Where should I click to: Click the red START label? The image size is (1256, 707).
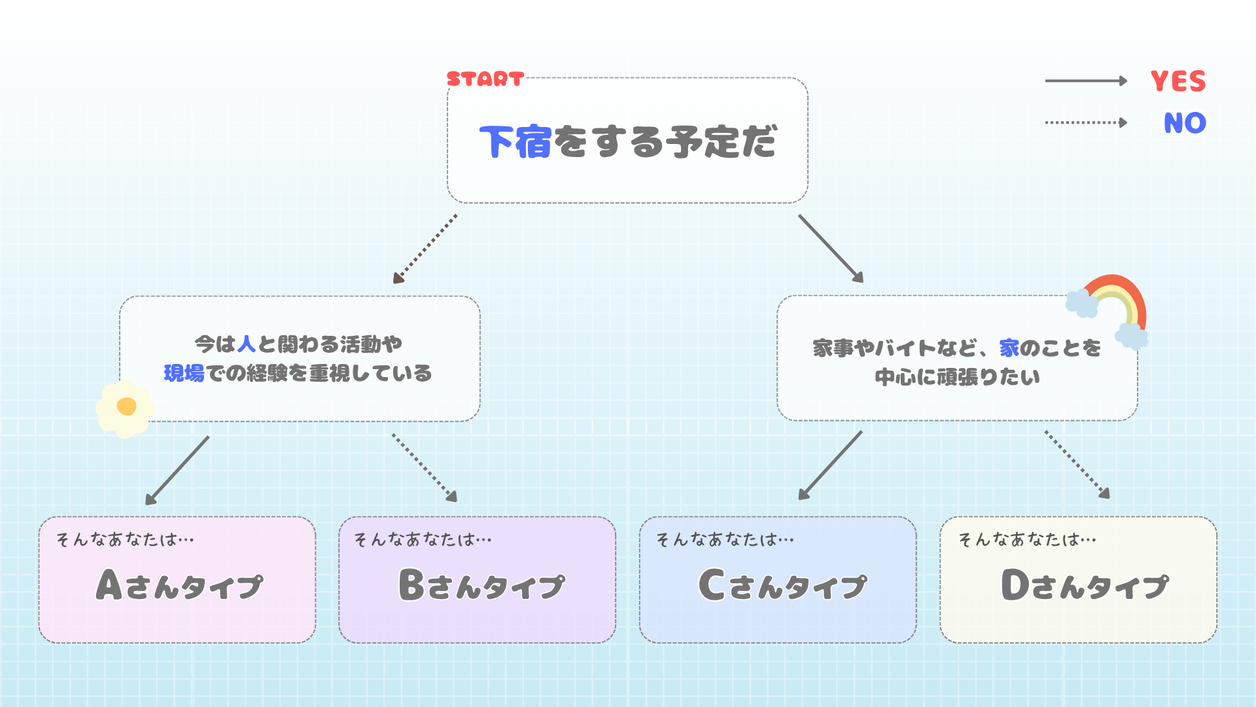pos(485,79)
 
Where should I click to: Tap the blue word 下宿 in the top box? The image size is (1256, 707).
pos(515,142)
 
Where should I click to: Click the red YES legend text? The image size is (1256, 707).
pos(1177,82)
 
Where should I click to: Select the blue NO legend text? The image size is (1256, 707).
pos(1185,123)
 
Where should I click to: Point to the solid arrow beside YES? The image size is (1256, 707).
pos(1086,81)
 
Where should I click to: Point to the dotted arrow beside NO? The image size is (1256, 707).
pos(1086,122)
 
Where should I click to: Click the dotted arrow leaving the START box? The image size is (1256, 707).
pos(425,249)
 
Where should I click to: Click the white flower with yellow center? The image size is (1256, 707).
pos(125,408)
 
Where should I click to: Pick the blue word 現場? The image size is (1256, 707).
pos(184,373)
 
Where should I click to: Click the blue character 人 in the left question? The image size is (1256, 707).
pos(247,344)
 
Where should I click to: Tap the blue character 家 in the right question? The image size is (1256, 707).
pos(1009,348)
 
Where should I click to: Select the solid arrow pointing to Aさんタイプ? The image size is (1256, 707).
pos(177,470)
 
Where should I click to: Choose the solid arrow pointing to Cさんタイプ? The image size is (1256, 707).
pos(830,465)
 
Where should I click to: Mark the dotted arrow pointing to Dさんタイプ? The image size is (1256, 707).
pos(1077,464)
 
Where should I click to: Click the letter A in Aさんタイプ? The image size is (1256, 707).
pos(109,585)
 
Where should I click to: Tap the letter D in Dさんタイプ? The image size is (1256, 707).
pos(1015,585)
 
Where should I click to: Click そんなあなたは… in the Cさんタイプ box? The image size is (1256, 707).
pos(725,539)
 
